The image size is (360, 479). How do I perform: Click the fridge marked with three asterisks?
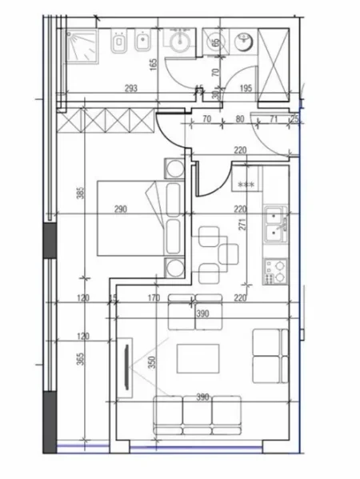246,183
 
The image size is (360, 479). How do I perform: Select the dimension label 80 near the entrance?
239,121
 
